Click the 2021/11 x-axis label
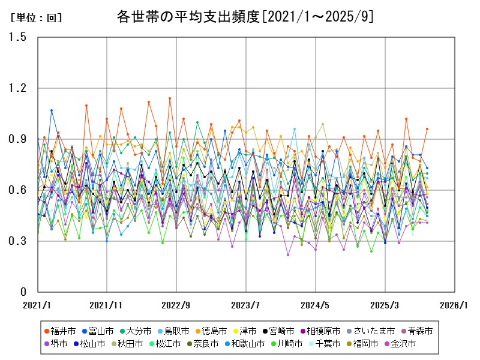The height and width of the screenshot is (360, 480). (106, 305)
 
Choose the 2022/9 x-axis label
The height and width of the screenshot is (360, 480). (176, 305)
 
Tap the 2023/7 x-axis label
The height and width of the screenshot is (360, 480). (245, 305)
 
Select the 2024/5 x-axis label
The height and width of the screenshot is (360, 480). (315, 305)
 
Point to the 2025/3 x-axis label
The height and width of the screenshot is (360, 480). (385, 305)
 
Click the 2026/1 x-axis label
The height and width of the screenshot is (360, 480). (454, 305)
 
